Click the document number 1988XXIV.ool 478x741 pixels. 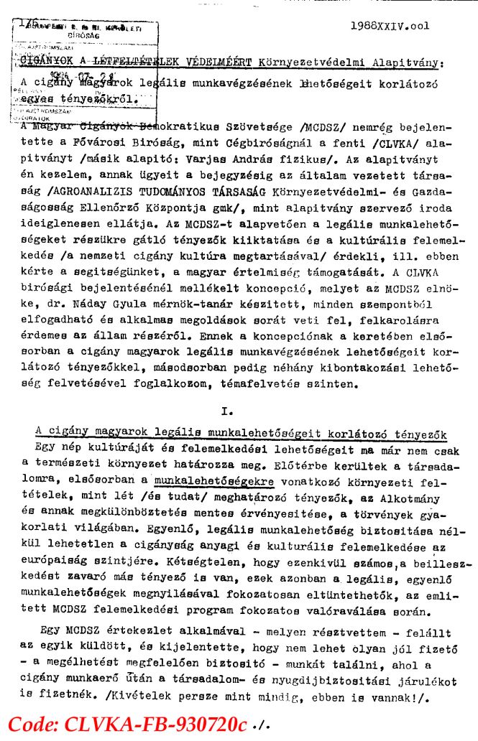point(390,26)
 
